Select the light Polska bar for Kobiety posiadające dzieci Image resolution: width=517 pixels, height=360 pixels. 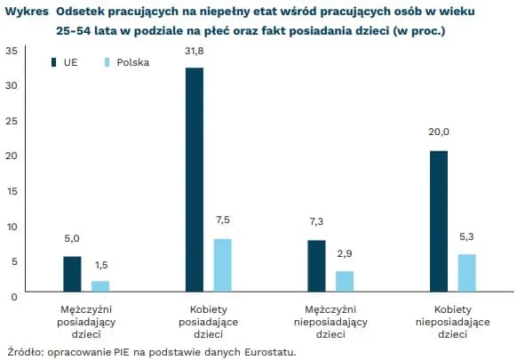click(x=223, y=265)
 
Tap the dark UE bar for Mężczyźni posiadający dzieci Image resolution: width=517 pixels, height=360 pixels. click(x=72, y=274)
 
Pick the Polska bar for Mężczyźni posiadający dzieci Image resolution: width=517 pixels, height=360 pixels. click(x=100, y=286)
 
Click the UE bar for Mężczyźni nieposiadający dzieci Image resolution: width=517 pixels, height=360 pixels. click(x=316, y=266)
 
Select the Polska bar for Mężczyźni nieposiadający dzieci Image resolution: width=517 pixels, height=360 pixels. click(x=345, y=281)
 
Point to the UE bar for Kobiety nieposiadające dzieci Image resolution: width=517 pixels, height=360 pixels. click(x=438, y=221)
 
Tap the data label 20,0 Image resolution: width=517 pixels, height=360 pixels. click(x=439, y=132)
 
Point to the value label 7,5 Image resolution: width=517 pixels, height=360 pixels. click(x=222, y=220)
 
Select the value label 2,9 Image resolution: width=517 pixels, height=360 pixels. click(x=345, y=253)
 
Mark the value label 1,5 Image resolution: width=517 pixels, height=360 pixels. click(x=100, y=264)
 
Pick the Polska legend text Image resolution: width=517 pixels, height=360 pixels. click(x=133, y=63)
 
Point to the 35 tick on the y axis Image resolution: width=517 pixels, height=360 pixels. click(x=11, y=50)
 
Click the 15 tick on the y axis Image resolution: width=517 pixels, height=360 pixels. click(x=11, y=190)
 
